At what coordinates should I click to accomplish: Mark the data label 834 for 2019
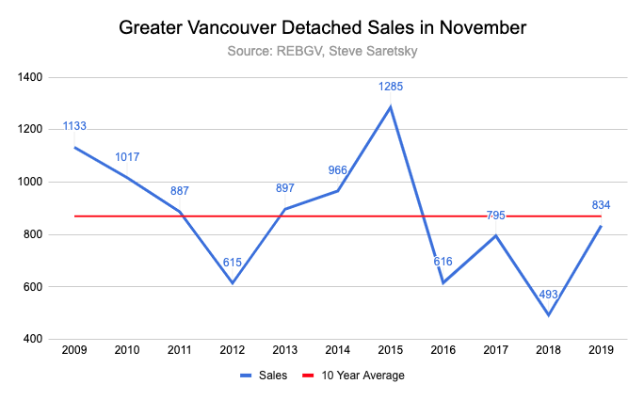[x=600, y=205]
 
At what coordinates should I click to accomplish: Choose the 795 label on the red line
[x=495, y=216]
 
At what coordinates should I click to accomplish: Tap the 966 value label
[x=338, y=170]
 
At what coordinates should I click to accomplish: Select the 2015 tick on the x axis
[x=391, y=351]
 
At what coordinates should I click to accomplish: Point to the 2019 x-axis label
[x=600, y=351]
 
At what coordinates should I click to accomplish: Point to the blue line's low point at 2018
[x=547, y=314]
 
